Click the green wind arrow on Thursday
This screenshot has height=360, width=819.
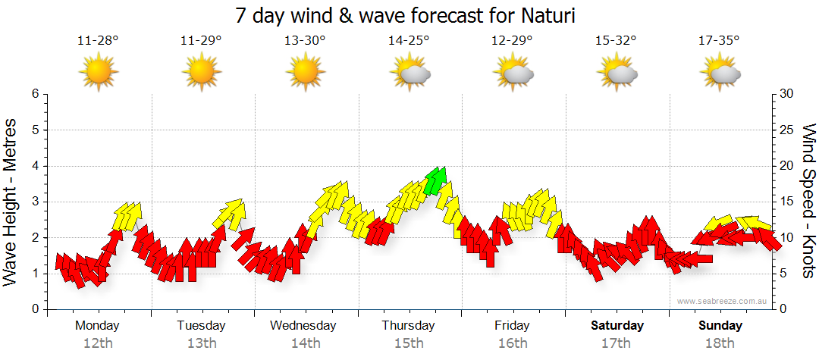click(x=436, y=180)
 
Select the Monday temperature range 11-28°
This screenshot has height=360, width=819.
click(x=98, y=41)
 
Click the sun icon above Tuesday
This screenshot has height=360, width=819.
click(x=201, y=73)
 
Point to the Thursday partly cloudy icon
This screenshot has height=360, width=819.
click(x=410, y=73)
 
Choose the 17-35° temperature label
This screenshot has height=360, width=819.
click(x=719, y=41)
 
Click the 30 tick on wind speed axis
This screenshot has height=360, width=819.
click(x=788, y=94)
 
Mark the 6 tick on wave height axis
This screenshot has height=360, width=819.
click(x=34, y=94)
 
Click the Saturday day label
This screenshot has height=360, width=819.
click(x=617, y=326)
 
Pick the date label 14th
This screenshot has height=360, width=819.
click(x=305, y=343)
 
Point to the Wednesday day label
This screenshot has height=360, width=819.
click(x=303, y=326)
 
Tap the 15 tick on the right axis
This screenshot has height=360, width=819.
click(x=788, y=202)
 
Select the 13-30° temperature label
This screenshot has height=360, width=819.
click(x=305, y=41)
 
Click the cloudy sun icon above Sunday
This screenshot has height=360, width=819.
click(x=720, y=73)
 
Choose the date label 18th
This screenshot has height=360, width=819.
click(x=720, y=343)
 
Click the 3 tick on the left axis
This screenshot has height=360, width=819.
click(x=34, y=202)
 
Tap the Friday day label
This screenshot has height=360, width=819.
click(x=513, y=326)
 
